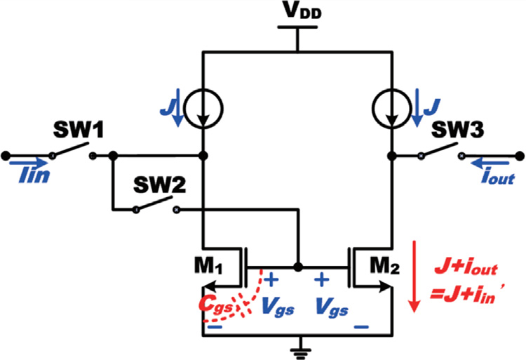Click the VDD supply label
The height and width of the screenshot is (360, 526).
click(x=297, y=13)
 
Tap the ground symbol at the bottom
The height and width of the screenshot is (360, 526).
click(x=297, y=347)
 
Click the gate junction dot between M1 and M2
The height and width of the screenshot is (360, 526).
click(x=297, y=267)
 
